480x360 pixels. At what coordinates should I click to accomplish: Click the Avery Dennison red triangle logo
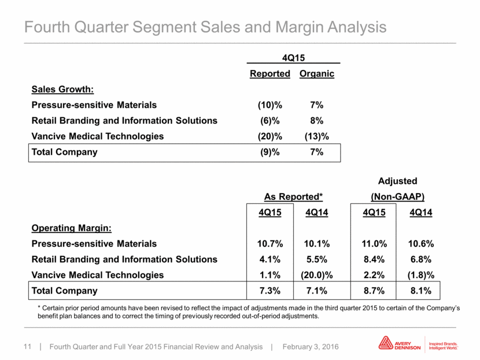(386, 343)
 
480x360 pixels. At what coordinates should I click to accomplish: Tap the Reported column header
(270, 74)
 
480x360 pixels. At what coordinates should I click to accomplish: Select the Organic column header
(317, 74)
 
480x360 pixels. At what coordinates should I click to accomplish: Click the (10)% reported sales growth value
(270, 105)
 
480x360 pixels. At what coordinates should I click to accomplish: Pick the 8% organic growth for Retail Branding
(317, 121)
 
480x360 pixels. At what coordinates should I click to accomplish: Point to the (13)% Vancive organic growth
(317, 136)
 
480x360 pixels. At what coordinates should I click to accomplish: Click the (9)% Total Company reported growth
(270, 152)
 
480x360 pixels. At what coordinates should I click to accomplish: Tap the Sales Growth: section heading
(63, 90)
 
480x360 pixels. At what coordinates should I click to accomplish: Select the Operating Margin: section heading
(72, 228)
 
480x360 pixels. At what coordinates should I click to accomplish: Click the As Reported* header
(294, 196)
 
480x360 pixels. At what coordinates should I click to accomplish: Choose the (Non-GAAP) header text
(398, 196)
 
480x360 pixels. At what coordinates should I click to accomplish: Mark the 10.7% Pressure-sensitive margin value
(270, 244)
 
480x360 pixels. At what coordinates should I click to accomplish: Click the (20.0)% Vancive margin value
(317, 275)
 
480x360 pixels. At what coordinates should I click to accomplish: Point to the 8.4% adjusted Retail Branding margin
(374, 259)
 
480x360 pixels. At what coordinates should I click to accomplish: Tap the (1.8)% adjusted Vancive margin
(421, 275)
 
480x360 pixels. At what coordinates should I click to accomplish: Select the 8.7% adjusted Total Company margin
(374, 291)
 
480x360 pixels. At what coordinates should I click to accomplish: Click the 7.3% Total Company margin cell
(270, 291)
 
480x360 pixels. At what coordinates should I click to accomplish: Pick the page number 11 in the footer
(28, 347)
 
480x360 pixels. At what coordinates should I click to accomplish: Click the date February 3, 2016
(311, 347)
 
